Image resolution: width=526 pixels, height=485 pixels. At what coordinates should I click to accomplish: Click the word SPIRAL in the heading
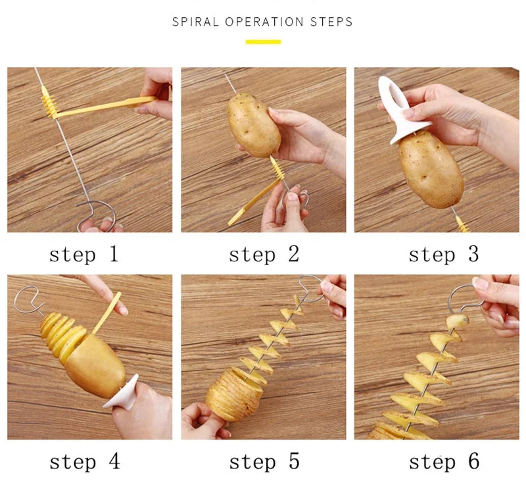(196, 22)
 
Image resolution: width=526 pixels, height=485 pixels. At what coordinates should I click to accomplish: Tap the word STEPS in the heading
(331, 22)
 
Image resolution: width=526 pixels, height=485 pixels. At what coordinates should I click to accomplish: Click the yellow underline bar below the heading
(263, 42)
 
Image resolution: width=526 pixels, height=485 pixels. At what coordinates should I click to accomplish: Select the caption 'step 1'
(84, 255)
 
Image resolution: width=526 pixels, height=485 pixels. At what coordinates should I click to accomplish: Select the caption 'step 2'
(264, 255)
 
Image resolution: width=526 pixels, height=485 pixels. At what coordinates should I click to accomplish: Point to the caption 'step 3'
(444, 255)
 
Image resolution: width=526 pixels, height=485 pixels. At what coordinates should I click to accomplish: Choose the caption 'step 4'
(84, 461)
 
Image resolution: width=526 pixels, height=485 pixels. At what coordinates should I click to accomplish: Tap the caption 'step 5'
(264, 461)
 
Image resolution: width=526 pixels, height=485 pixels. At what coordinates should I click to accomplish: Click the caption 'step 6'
(444, 461)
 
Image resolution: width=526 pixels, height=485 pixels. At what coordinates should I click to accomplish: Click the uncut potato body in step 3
(430, 168)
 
